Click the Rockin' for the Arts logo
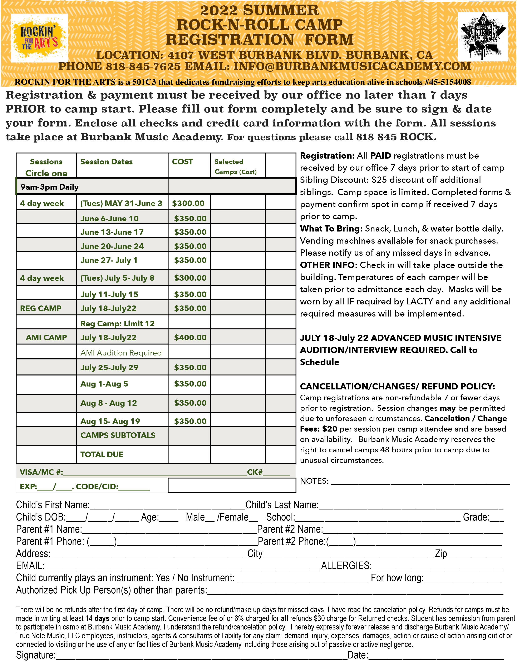39,38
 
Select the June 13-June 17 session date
112,232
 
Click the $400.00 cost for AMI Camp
190,338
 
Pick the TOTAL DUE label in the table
102,454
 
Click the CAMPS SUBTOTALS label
118,435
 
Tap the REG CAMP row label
41,308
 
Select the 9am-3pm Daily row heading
49,187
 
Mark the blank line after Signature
202,655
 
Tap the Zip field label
441,554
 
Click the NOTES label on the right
314,481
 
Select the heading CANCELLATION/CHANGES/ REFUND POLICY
397,386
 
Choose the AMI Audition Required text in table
121,353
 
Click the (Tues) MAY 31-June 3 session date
121,203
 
